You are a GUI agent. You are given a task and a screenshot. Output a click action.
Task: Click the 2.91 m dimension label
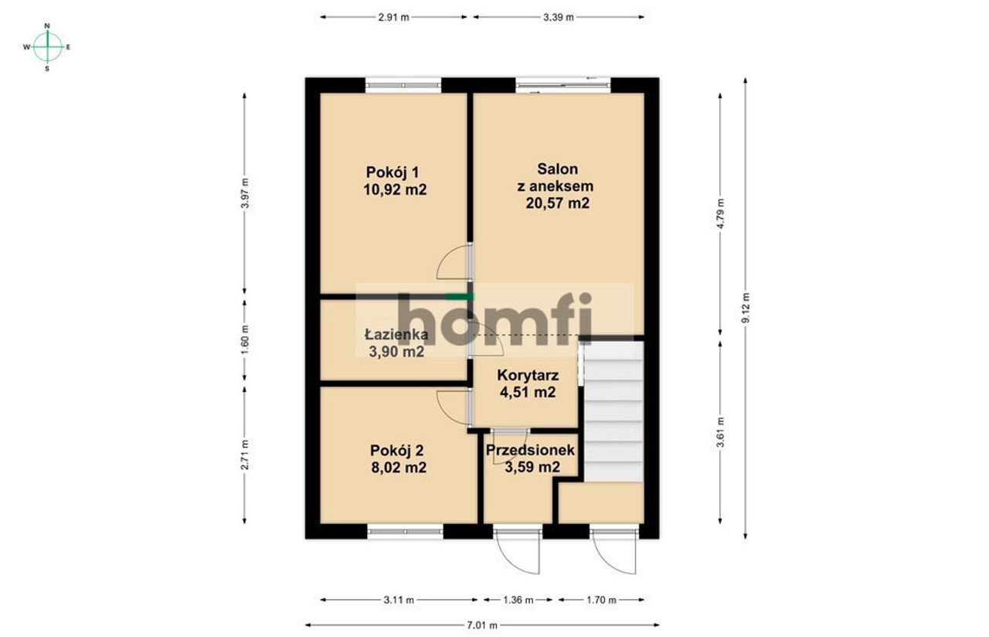click(x=393, y=17)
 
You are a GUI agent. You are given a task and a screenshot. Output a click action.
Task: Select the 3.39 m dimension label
click(x=559, y=17)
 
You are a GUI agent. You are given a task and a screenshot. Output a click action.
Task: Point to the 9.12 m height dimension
click(x=746, y=308)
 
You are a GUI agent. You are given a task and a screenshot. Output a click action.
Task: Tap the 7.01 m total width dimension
click(x=482, y=625)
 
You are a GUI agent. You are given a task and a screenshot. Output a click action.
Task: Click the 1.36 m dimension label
click(x=518, y=600)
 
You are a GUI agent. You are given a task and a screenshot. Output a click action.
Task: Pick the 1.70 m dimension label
click(x=601, y=600)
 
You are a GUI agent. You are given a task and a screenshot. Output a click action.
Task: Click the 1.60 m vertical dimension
click(x=245, y=339)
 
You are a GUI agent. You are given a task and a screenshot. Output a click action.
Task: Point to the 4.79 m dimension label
click(x=720, y=214)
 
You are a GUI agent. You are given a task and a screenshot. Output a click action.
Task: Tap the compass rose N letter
click(x=47, y=26)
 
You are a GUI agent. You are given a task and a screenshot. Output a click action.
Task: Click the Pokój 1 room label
click(x=393, y=172)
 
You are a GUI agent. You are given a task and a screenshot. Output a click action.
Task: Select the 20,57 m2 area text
click(x=557, y=203)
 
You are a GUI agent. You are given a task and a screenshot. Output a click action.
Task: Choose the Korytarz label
click(x=528, y=375)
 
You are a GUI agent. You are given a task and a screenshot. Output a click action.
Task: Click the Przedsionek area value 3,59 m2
click(x=532, y=467)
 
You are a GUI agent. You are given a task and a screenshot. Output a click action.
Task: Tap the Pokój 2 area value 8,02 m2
click(x=399, y=468)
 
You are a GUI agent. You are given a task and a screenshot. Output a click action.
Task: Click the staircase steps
click(x=613, y=411)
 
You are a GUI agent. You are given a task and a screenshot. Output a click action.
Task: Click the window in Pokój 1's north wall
click(x=403, y=85)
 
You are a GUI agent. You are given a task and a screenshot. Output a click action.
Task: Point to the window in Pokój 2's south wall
click(x=406, y=531)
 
